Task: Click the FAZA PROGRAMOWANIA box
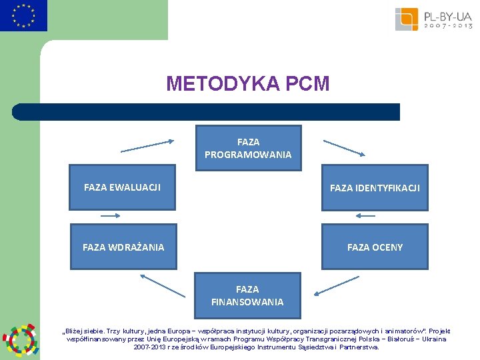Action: [x=248, y=148]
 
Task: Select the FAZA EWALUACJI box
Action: [x=122, y=187]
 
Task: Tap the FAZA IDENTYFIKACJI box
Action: [x=375, y=188]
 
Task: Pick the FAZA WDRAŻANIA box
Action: [x=123, y=247]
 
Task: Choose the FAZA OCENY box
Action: [x=375, y=247]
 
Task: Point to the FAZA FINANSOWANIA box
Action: [x=247, y=295]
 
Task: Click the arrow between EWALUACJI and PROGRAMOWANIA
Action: [x=147, y=145]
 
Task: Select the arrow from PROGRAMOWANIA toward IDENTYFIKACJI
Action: [x=344, y=147]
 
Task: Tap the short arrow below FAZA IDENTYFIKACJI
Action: [x=366, y=216]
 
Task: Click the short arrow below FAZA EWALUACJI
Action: [x=110, y=216]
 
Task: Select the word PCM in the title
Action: [x=307, y=84]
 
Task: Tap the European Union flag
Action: [x=24, y=16]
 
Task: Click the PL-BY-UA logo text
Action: [x=449, y=15]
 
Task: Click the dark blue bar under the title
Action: [x=207, y=112]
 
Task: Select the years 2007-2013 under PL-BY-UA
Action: [x=449, y=26]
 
